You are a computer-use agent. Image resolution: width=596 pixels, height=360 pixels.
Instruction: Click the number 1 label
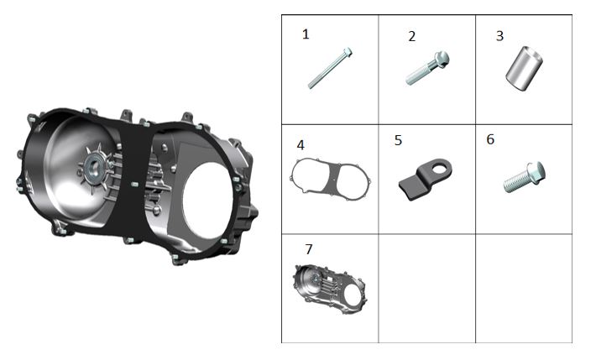pyautogui.click(x=306, y=34)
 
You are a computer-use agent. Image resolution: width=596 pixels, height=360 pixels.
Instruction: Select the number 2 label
pyautogui.click(x=411, y=36)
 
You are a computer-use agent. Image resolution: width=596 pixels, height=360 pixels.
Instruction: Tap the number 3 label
pyautogui.click(x=499, y=36)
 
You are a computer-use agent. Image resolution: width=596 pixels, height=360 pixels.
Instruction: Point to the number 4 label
pyautogui.click(x=300, y=145)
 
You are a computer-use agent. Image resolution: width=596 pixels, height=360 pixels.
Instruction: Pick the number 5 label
pyautogui.click(x=398, y=140)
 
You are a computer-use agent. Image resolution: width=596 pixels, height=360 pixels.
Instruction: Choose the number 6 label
pyautogui.click(x=490, y=139)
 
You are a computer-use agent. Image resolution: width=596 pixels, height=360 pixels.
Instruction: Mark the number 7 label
pyautogui.click(x=309, y=249)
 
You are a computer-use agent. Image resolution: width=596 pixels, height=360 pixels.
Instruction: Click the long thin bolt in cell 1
pyautogui.click(x=328, y=69)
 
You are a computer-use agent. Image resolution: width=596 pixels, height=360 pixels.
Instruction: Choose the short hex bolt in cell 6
pyautogui.click(x=525, y=178)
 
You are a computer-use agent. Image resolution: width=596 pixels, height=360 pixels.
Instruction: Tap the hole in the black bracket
pyautogui.click(x=436, y=166)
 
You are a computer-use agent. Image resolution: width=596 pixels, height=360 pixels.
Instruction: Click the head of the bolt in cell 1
pyautogui.click(x=347, y=53)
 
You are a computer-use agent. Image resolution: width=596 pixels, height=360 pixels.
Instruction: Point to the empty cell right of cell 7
pyautogui.click(x=426, y=288)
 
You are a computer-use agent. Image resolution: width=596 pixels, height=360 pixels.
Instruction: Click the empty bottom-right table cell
pyautogui.click(x=524, y=288)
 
